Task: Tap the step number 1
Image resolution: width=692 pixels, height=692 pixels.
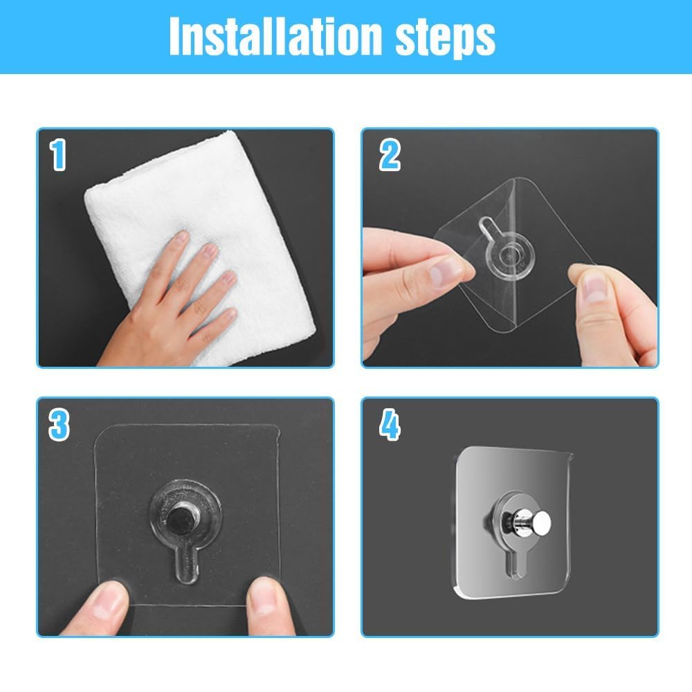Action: (58, 156)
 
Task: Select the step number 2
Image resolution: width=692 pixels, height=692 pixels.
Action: (390, 156)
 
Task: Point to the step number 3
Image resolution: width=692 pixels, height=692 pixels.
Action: (59, 424)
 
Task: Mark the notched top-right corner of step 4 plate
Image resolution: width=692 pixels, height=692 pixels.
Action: (569, 456)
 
